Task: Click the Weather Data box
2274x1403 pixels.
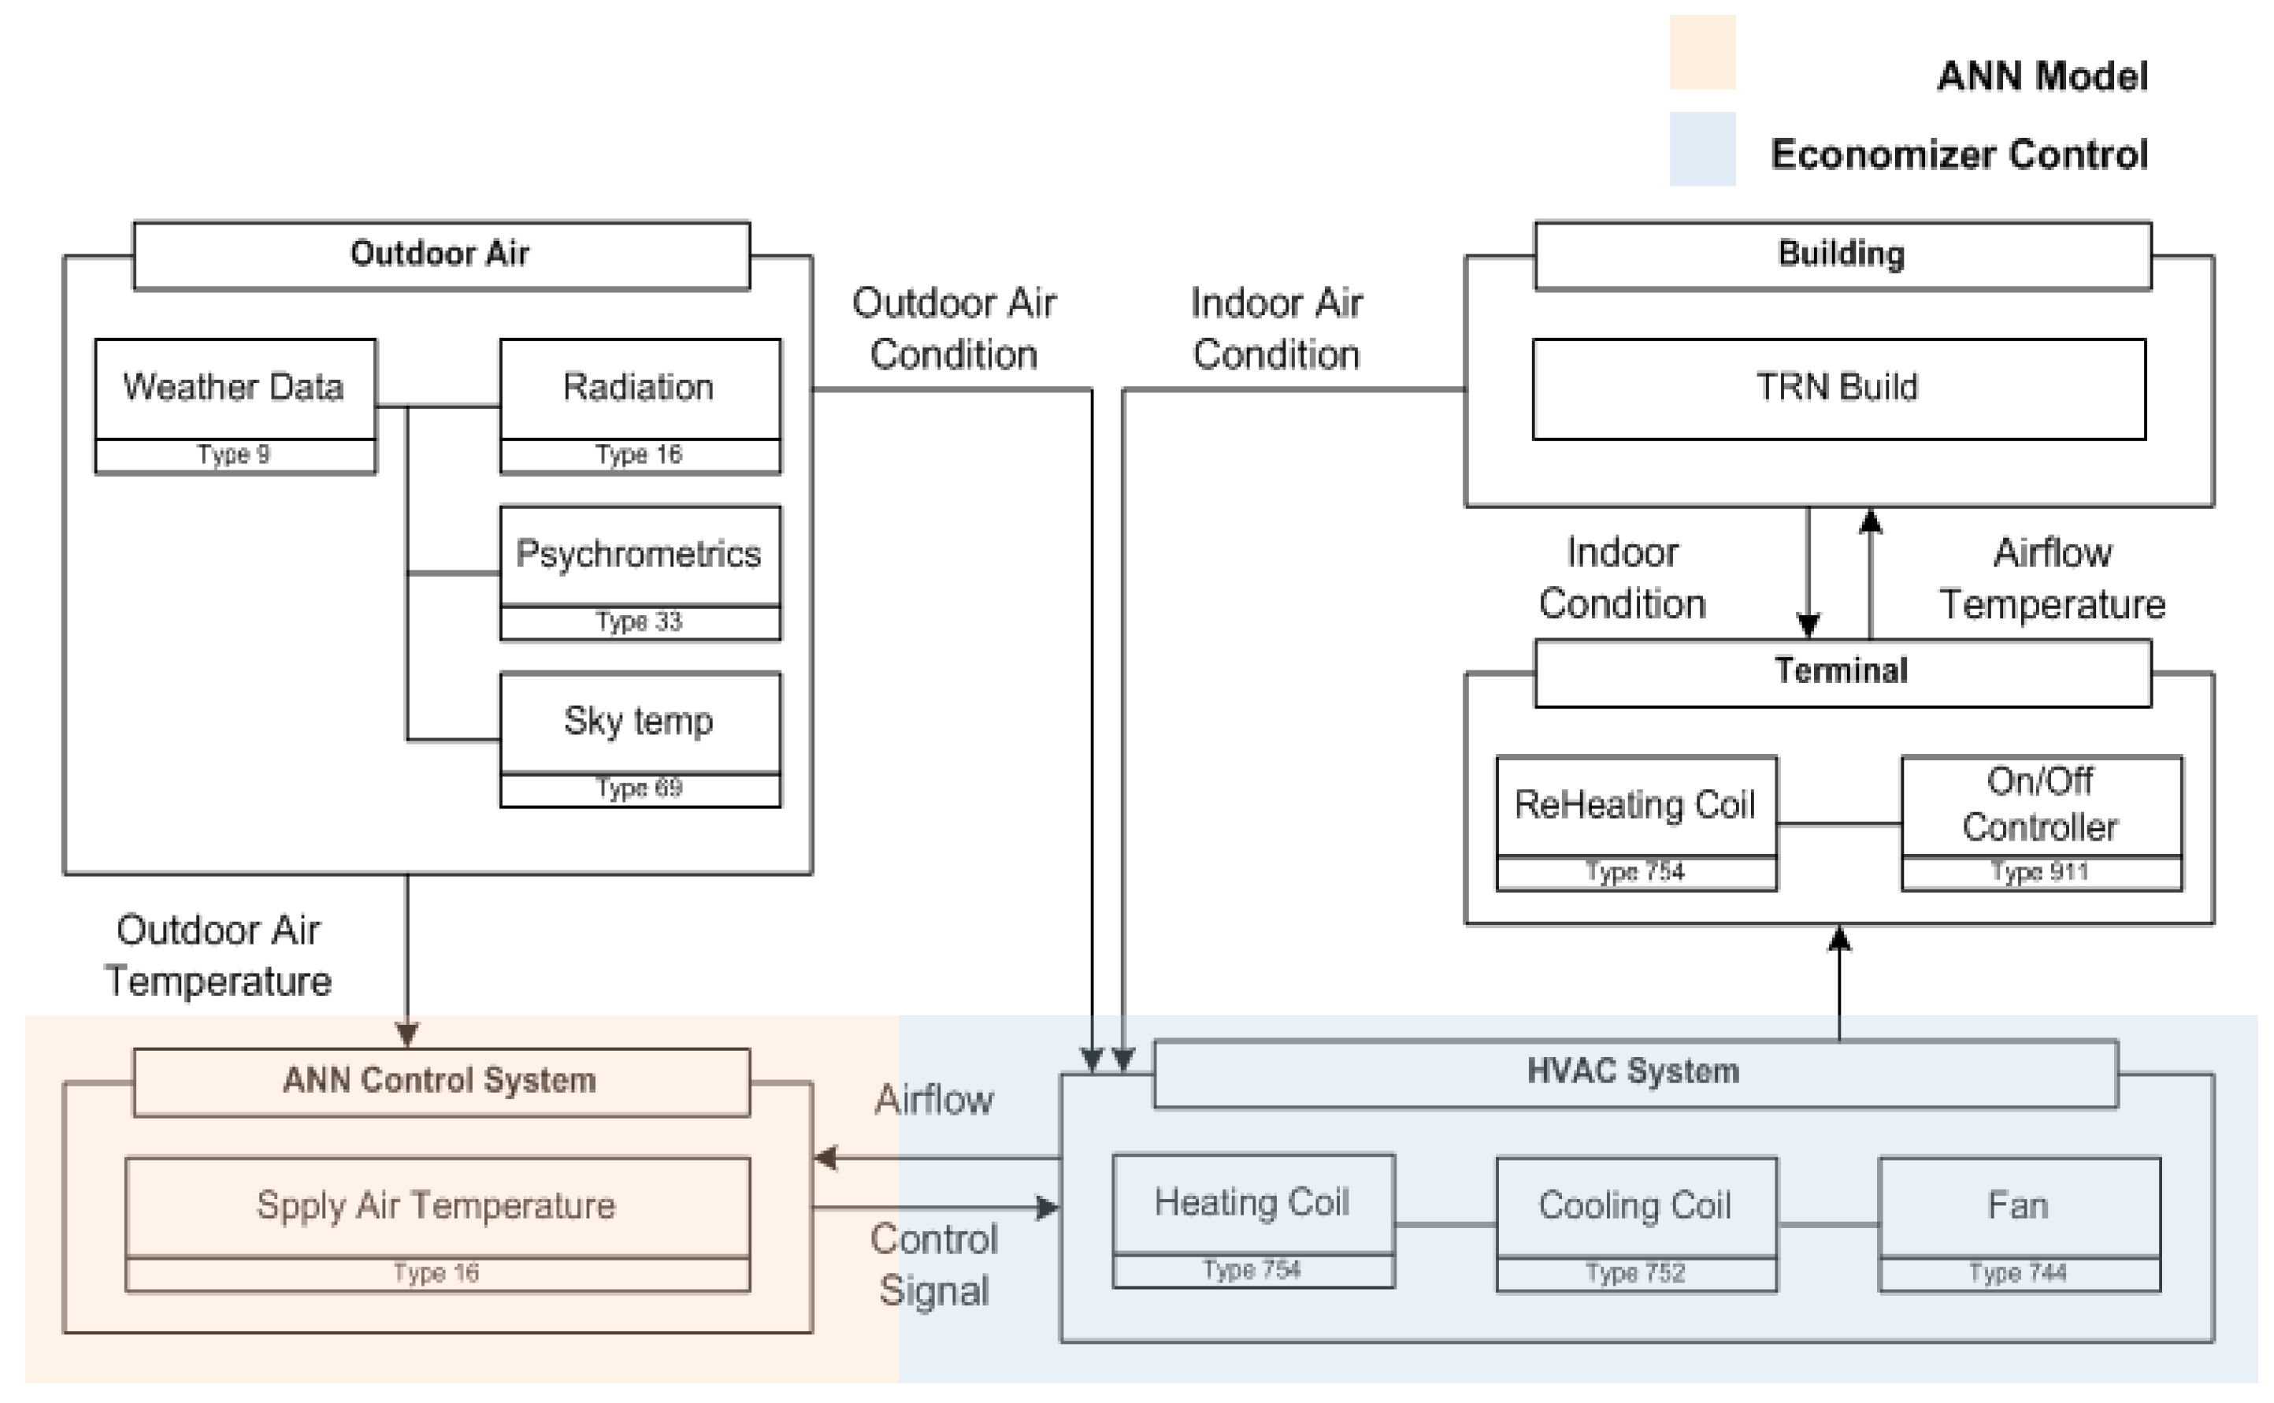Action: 234,389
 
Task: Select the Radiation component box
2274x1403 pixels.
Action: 640,389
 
